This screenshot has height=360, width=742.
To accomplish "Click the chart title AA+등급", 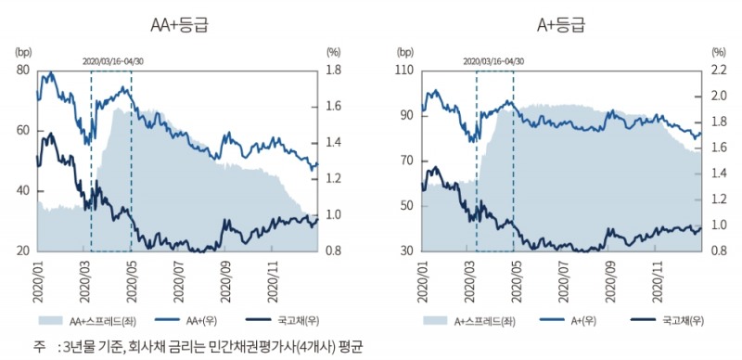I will [178, 24].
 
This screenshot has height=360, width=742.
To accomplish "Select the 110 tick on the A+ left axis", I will [404, 71].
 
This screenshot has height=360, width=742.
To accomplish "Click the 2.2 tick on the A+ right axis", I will [720, 71].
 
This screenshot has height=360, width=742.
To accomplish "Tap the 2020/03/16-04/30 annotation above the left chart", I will [110, 60].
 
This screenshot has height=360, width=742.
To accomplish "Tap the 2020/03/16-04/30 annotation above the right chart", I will [493, 60].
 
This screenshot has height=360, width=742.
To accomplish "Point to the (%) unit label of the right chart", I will [718, 52].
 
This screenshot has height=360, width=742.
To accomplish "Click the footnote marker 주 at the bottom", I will [39, 347].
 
